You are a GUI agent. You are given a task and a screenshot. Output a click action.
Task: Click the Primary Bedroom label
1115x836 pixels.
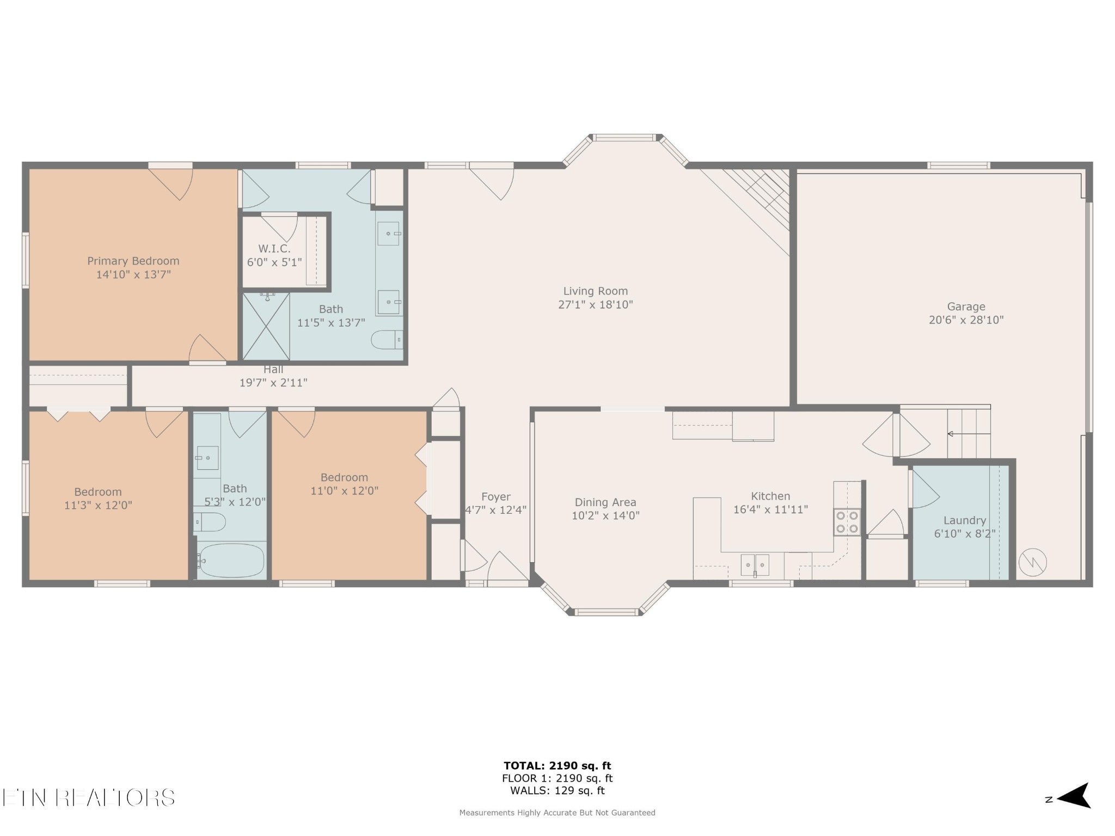[133, 261]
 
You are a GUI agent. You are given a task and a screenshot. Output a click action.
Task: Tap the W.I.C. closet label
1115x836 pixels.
[274, 249]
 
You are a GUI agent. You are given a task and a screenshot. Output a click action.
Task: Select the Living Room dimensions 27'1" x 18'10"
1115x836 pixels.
[596, 305]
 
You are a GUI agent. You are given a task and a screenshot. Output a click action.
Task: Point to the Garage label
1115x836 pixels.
[966, 306]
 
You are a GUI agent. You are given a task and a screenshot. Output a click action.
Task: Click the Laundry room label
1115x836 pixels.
[965, 520]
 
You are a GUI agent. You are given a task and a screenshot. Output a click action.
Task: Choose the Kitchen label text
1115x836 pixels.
[770, 496]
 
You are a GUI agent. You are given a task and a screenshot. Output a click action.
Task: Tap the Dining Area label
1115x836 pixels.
[605, 502]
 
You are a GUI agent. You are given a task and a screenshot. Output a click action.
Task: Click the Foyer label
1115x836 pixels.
[496, 497]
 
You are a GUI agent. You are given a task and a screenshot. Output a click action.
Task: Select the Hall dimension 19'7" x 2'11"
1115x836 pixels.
[273, 383]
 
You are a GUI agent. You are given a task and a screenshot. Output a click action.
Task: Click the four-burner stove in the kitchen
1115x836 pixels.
[847, 521]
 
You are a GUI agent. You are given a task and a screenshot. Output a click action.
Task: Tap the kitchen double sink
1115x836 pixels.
[755, 565]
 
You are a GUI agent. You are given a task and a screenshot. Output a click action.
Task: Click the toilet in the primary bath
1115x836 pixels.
[387, 340]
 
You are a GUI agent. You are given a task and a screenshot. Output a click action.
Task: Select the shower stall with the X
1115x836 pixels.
[266, 326]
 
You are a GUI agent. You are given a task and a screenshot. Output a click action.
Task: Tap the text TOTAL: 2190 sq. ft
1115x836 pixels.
[557, 766]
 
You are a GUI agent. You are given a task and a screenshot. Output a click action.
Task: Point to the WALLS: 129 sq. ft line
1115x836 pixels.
[557, 791]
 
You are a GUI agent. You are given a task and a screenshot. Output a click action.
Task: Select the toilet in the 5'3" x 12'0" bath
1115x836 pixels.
[210, 522]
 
